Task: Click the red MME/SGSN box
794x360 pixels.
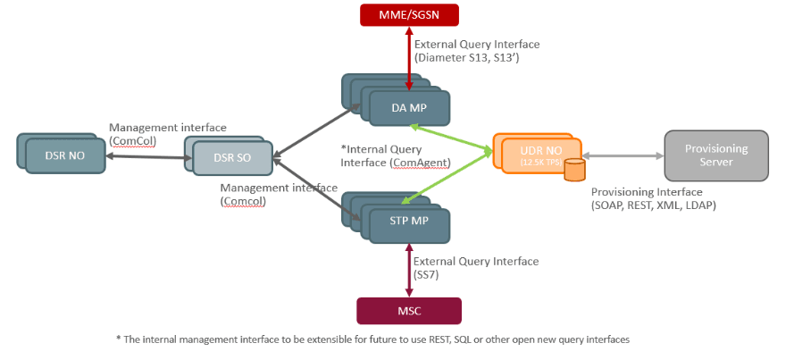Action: (x=408, y=14)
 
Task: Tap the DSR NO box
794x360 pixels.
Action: (x=65, y=155)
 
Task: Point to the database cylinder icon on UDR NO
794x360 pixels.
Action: (x=573, y=169)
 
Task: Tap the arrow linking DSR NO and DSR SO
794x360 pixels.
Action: (x=145, y=157)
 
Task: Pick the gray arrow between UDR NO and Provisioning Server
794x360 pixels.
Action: (x=623, y=155)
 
